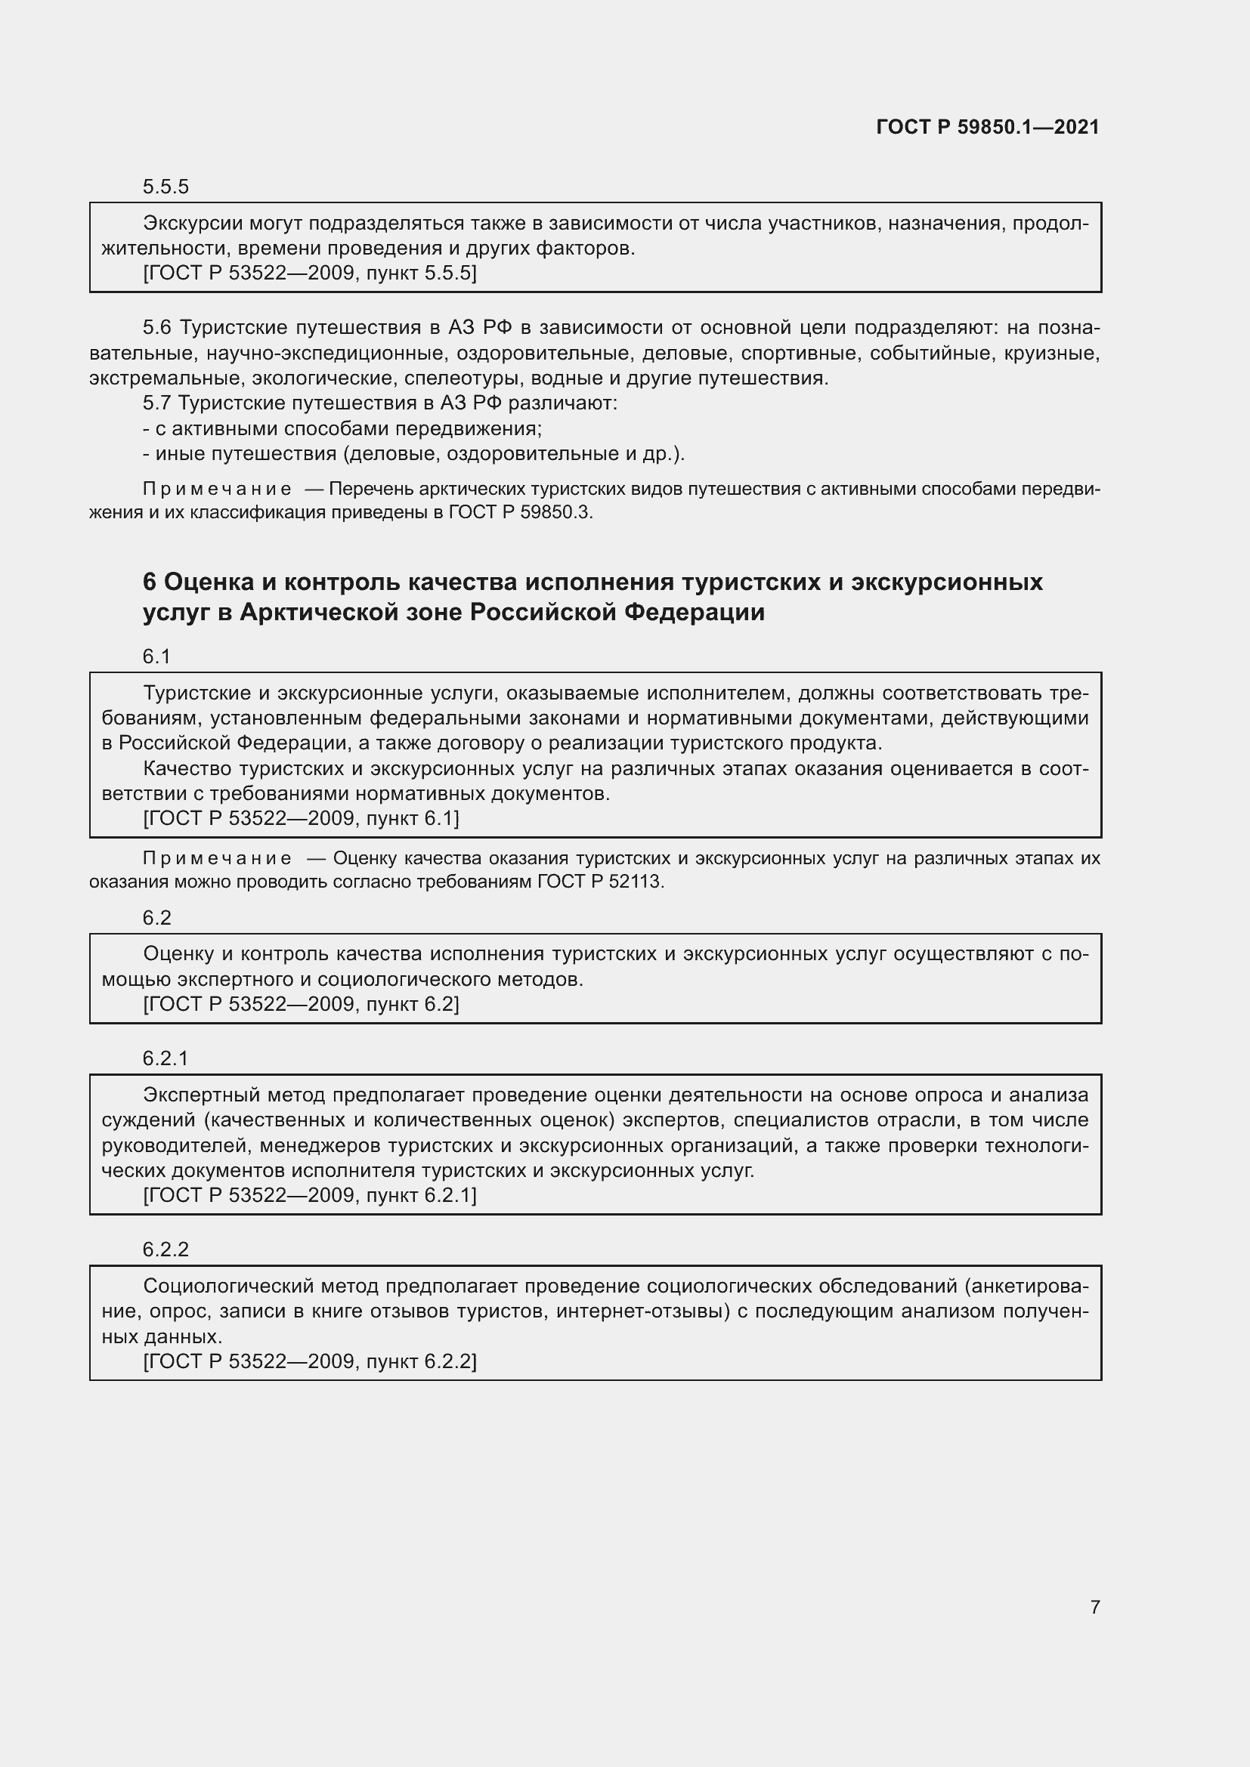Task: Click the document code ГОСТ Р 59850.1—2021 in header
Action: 988,127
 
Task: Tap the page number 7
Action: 1094,1607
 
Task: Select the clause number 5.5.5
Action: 166,187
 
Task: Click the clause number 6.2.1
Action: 166,1058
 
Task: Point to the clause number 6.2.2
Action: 166,1249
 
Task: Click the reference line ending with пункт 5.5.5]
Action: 309,273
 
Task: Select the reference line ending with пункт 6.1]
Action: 301,818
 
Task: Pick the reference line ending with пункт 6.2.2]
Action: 309,1361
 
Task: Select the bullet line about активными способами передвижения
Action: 342,428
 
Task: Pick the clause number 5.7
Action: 157,403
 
